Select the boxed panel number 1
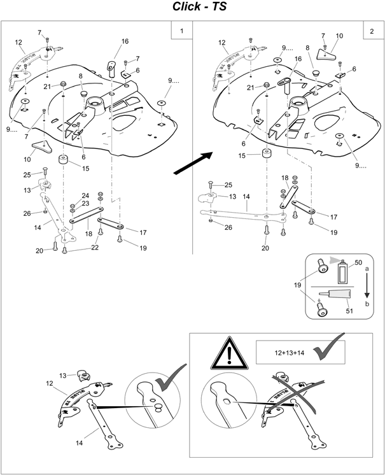tap(181, 31)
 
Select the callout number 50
tap(358, 262)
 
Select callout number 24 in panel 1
tap(85, 195)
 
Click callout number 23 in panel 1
tap(85, 204)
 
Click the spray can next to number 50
tap(342, 273)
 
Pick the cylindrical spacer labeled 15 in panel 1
tap(64, 159)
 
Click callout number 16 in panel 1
tap(124, 41)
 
